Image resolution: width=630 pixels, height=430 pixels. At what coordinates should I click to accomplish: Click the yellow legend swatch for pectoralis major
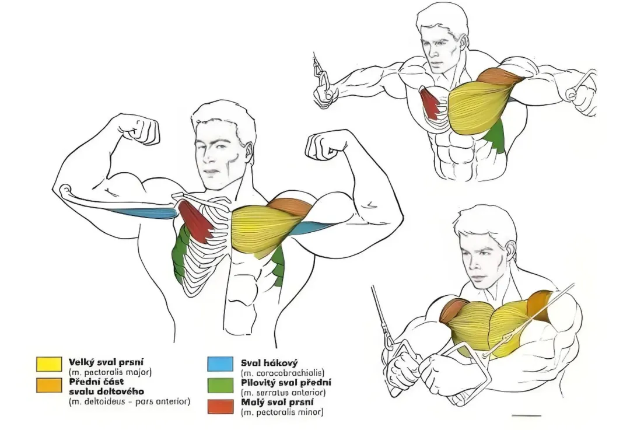pyautogui.click(x=49, y=363)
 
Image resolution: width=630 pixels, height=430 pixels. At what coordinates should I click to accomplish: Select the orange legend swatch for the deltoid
pyautogui.click(x=49, y=384)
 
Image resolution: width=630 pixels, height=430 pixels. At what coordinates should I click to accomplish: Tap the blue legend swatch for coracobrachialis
pyautogui.click(x=220, y=363)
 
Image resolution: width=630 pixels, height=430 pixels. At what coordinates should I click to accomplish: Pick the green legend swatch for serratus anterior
pyautogui.click(x=220, y=385)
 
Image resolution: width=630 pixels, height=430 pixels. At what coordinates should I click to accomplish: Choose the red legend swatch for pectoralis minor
pyautogui.click(x=220, y=406)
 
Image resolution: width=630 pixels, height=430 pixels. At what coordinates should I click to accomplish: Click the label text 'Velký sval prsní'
pyautogui.click(x=106, y=362)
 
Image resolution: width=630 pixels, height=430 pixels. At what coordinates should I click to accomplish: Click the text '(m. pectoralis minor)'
pyautogui.click(x=282, y=412)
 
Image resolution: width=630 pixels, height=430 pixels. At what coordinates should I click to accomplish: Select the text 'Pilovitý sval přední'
pyautogui.click(x=286, y=383)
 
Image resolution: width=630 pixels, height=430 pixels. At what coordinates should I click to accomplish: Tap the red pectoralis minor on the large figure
pyautogui.click(x=195, y=221)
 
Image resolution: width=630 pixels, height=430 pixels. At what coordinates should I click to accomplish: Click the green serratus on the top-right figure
pyautogui.click(x=496, y=137)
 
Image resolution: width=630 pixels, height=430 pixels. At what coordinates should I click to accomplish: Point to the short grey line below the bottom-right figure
pyautogui.click(x=526, y=415)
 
